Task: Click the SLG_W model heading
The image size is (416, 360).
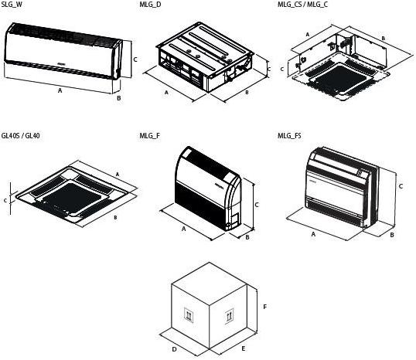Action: [12, 4]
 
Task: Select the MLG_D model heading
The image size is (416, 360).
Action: [150, 4]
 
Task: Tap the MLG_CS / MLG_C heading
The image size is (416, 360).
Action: [302, 4]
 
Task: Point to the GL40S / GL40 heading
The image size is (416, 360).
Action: [20, 136]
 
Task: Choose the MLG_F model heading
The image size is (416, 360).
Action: [150, 136]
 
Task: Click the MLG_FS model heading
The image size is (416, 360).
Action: [289, 136]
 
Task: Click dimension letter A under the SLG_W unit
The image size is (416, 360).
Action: [60, 90]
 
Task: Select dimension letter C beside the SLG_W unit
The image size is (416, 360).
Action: [135, 59]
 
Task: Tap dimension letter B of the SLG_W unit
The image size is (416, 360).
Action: [119, 98]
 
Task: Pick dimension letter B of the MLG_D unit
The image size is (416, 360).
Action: [247, 93]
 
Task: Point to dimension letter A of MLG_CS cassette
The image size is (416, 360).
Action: [308, 35]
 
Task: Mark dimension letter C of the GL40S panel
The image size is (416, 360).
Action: [5, 201]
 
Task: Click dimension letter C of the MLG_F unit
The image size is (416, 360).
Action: [257, 205]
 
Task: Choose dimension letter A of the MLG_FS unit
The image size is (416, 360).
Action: [313, 234]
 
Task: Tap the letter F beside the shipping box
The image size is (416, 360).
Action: [264, 307]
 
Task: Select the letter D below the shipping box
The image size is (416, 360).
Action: [174, 349]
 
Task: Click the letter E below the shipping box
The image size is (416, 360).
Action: [244, 349]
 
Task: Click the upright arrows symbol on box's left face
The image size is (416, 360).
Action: [189, 315]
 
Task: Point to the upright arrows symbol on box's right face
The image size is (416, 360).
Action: [230, 316]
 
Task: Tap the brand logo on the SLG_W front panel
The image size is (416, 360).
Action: [62, 63]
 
